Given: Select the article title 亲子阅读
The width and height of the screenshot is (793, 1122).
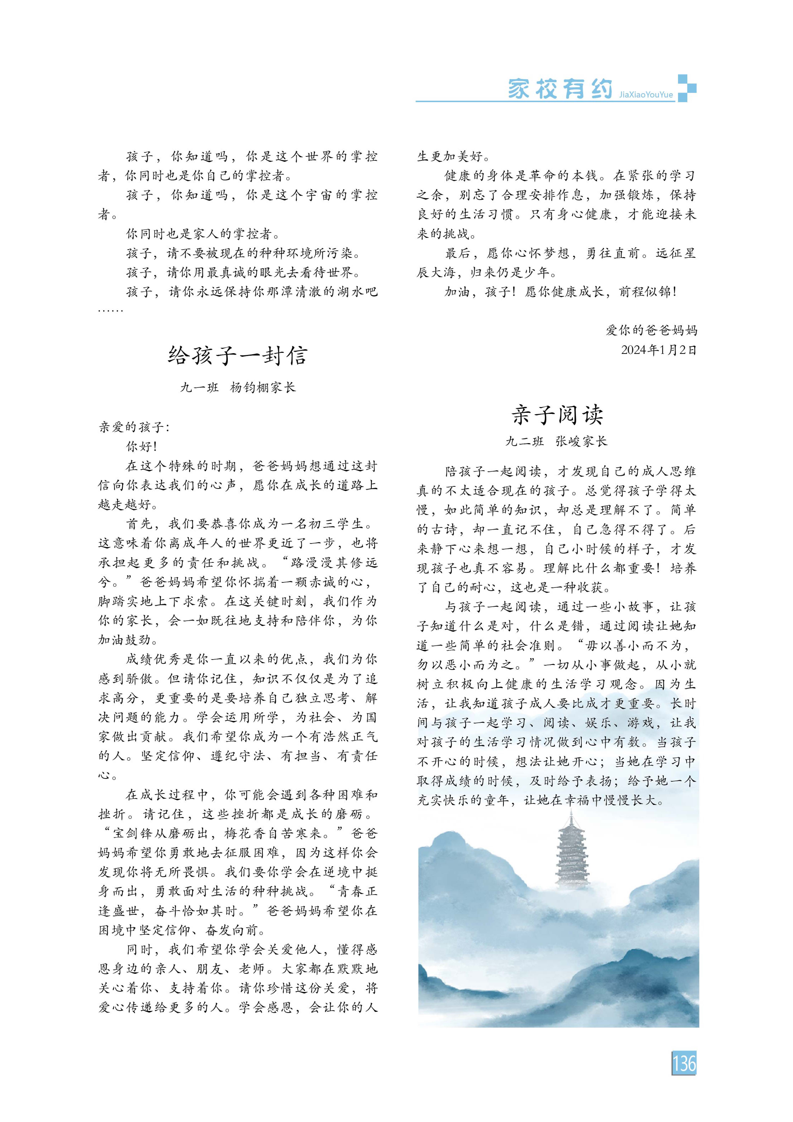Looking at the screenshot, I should click(x=557, y=415).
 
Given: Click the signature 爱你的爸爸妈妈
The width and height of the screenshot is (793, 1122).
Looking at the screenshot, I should click(x=651, y=330).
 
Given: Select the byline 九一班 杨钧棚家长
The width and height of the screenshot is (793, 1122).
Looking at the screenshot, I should click(x=238, y=387).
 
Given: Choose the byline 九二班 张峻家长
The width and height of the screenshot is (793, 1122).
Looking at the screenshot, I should click(x=556, y=441).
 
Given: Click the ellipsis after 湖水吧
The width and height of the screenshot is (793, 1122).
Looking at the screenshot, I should click(x=111, y=310).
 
